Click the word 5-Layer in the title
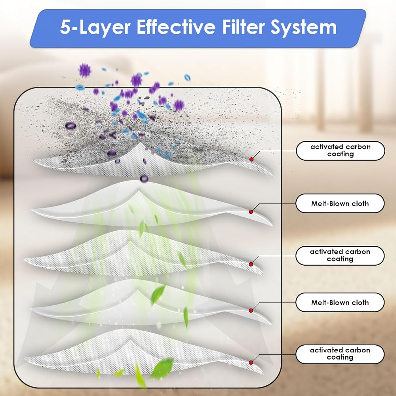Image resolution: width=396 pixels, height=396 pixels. (95, 28)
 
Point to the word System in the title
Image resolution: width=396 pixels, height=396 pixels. (304, 28)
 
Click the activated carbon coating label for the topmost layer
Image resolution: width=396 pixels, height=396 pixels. (341, 150)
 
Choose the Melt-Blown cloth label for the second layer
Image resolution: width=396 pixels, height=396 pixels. (340, 203)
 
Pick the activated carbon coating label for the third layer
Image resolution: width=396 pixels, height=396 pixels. (340, 255)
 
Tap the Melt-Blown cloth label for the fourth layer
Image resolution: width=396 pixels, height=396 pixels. (340, 302)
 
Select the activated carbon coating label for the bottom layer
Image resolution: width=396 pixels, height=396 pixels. (340, 354)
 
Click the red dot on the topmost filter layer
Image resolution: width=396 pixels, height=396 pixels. (251, 159)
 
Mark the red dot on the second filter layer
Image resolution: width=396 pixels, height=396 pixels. (251, 212)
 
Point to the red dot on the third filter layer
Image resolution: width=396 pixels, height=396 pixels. (251, 264)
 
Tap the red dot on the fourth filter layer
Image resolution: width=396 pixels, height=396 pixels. (251, 310)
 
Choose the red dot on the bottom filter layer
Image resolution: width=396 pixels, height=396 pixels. (251, 362)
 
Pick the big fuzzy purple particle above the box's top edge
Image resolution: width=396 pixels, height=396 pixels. (85, 70)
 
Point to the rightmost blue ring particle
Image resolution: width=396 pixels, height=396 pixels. (187, 77)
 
